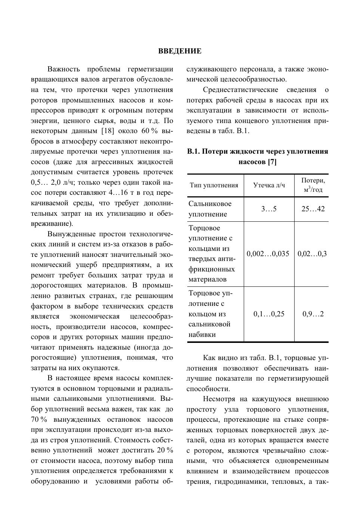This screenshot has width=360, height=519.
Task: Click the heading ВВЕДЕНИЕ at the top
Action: pos(180,51)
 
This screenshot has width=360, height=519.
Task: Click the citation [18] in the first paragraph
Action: pos(108,131)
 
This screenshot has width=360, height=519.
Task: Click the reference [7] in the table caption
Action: pos(272,162)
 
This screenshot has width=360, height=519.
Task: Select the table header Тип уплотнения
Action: pos(214,185)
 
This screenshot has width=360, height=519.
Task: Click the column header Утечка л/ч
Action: pos(269,185)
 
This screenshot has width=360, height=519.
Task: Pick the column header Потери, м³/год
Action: pos(313,185)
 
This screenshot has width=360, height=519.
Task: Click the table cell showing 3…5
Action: pos(269,209)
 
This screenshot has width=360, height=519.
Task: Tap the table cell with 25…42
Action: pos(313,209)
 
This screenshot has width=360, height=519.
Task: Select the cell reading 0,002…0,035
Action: pos(268,254)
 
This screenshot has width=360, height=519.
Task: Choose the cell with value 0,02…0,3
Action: pos(312,254)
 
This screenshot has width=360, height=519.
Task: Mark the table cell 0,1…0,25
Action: pos(269,314)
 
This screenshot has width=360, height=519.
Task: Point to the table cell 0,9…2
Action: pos(313,314)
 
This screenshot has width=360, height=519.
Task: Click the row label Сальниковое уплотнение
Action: pos(210,209)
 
